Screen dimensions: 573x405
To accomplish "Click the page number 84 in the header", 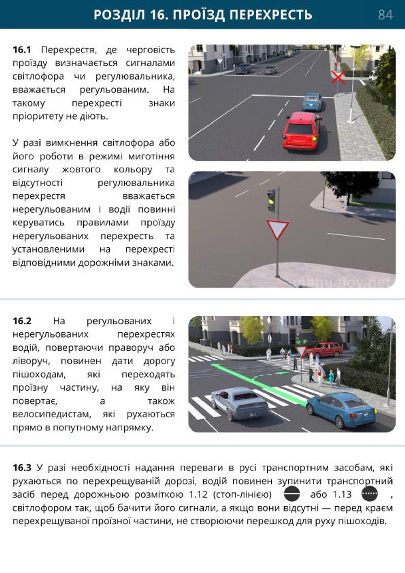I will (385, 15).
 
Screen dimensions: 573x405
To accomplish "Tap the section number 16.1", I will (22, 50).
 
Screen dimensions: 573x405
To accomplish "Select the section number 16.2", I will (22, 321).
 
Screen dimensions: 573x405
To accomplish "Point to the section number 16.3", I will (22, 468).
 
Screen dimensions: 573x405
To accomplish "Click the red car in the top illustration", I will (302, 131).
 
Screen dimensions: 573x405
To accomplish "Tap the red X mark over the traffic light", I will (338, 77).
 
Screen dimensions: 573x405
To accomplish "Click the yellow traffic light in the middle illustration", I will (270, 202).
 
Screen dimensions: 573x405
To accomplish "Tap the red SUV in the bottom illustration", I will (324, 349).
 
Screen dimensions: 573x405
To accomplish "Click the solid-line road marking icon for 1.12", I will (292, 494).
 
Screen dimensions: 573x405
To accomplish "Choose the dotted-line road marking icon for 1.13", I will (370, 494).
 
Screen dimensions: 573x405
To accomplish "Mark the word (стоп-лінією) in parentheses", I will (242, 494).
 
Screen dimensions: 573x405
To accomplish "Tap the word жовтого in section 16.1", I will (81, 169).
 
